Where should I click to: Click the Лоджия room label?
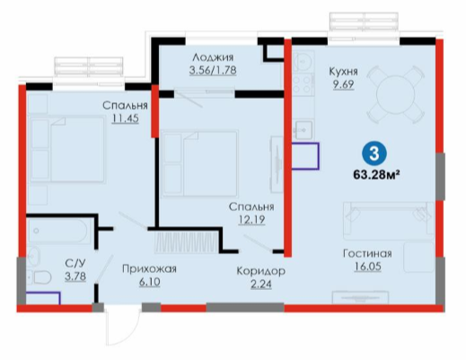213,57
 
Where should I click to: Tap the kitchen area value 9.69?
344,84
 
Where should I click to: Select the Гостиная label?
367,253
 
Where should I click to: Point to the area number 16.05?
368,267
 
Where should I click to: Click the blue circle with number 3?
374,154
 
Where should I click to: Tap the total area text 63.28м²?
377,174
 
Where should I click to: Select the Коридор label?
260,271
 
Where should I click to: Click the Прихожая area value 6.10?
149,282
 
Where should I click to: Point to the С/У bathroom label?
75,263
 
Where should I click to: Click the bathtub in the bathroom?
59,231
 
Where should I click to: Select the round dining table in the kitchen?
396,94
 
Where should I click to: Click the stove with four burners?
303,84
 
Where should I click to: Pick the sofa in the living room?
389,221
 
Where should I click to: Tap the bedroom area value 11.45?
126,119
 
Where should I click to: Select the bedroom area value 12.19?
251,220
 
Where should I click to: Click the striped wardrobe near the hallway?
186,241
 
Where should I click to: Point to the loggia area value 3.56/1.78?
213,70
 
